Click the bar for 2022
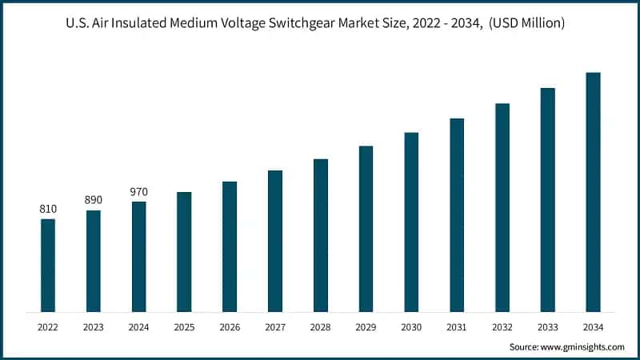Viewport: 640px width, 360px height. pyautogui.click(x=48, y=265)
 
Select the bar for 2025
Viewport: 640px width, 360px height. pyautogui.click(x=184, y=251)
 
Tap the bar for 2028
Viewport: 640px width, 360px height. pyautogui.click(x=321, y=235)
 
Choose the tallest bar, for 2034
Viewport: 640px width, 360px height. pyautogui.click(x=593, y=192)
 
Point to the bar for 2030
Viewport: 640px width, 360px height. pyautogui.click(x=411, y=222)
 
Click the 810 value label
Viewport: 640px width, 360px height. pyautogui.click(x=48, y=210)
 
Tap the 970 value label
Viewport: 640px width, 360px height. pyautogui.click(x=139, y=192)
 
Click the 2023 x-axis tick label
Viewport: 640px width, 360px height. pyautogui.click(x=94, y=326)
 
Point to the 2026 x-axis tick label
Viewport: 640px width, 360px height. pyautogui.click(x=230, y=326)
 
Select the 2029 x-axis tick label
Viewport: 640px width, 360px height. pyautogui.click(x=366, y=326)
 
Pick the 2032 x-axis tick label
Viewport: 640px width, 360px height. pyautogui.click(x=502, y=326)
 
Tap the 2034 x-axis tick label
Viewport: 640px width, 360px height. pyautogui.click(x=593, y=326)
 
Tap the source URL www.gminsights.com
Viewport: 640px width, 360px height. pyautogui.click(x=582, y=347)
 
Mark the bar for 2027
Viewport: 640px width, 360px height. pyautogui.click(x=275, y=241)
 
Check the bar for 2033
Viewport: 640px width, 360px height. pyautogui.click(x=547, y=199)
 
